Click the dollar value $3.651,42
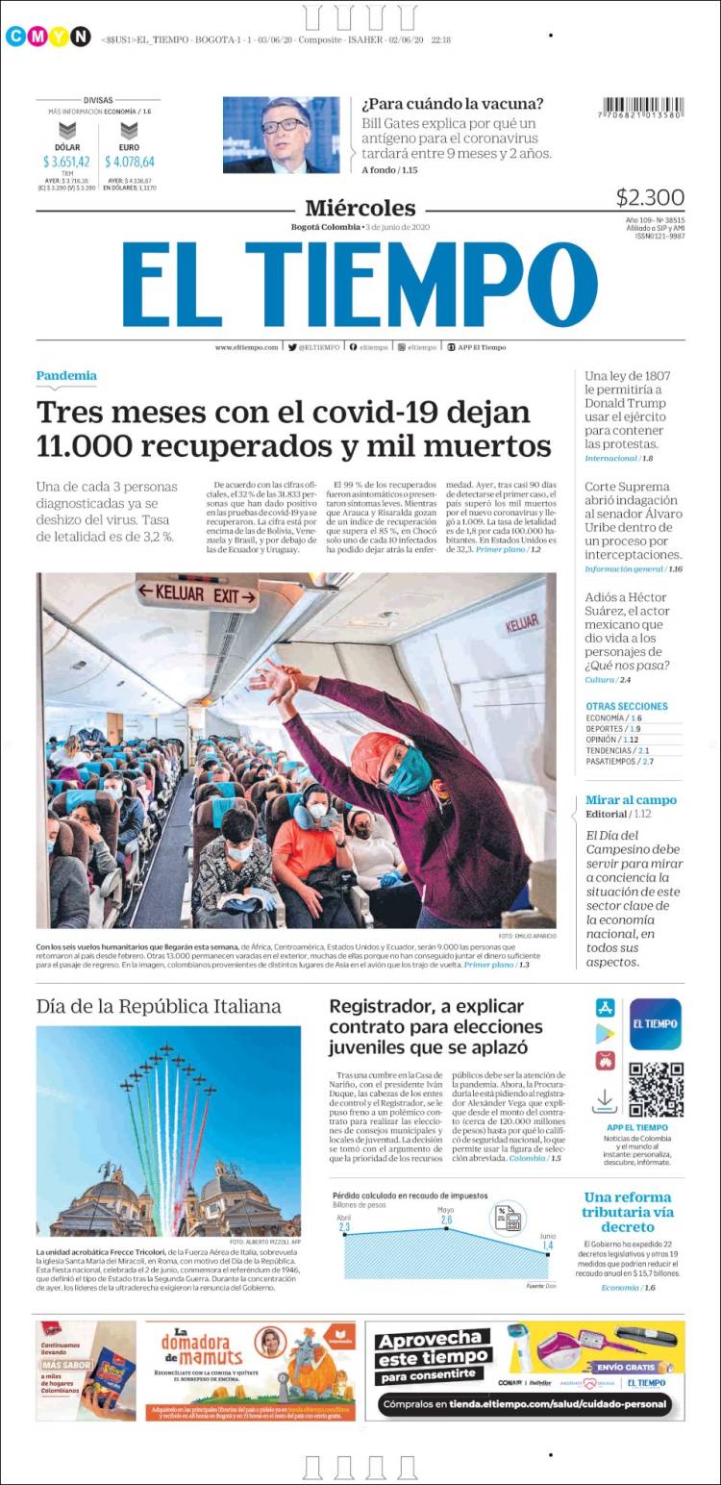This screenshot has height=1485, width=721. (x=66, y=162)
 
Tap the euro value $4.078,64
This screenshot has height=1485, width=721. (x=130, y=162)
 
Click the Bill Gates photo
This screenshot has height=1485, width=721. (x=281, y=135)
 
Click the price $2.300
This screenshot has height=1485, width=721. (x=650, y=197)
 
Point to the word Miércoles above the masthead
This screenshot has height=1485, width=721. (x=360, y=208)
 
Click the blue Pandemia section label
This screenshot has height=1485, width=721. (x=66, y=375)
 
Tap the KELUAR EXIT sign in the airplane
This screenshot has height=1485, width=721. (x=197, y=593)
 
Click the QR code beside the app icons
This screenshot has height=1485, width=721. (x=656, y=1089)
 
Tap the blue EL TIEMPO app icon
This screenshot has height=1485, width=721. (x=656, y=1023)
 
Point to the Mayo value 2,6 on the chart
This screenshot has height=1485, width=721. (x=446, y=1220)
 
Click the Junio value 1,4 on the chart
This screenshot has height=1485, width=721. (x=548, y=1246)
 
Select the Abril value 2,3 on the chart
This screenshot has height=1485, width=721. (x=344, y=1227)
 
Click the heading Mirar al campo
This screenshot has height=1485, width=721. (x=631, y=799)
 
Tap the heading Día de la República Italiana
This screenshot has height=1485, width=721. (x=159, y=1006)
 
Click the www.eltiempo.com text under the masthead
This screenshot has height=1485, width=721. (x=246, y=347)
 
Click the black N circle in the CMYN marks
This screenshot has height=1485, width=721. (x=81, y=37)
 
